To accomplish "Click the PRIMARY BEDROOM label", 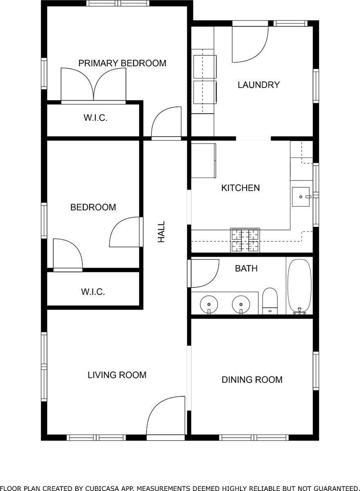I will (122, 63).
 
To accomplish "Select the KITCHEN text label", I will (240, 188).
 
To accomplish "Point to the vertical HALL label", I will (162, 232).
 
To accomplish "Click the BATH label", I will (246, 269).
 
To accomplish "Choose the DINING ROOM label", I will (252, 380).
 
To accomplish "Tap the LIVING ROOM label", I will (117, 375).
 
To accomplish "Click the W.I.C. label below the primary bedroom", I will (95, 118).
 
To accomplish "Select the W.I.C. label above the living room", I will (93, 292).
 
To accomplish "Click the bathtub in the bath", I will (299, 286).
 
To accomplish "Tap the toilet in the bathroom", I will (270, 301).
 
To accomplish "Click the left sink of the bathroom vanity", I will (209, 305).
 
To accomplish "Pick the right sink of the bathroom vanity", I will (241, 305).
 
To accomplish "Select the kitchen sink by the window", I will (302, 197).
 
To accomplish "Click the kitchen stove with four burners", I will (245, 240).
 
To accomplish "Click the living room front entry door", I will (166, 417).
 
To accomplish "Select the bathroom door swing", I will (204, 273).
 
